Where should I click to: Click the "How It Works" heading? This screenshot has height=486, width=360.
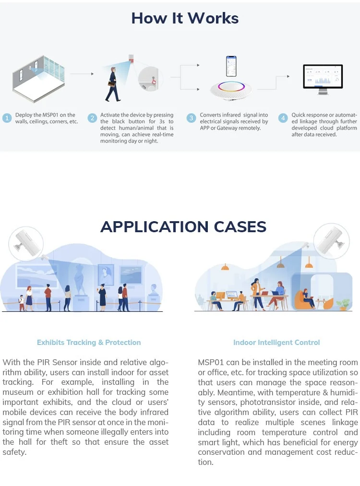pyautogui.click(x=185, y=18)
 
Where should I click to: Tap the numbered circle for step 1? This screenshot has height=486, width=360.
pyautogui.click(x=7, y=118)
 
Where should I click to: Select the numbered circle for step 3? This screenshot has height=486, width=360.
pyautogui.click(x=192, y=118)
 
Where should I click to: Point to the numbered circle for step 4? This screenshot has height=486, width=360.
pyautogui.click(x=283, y=118)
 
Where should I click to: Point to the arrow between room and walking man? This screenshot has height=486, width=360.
pyautogui.click(x=85, y=74)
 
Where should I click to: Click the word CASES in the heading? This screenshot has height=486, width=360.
pyautogui.click(x=232, y=226)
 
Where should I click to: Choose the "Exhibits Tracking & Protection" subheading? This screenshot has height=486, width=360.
pyautogui.click(x=89, y=343)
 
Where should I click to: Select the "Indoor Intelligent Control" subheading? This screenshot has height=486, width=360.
pyautogui.click(x=276, y=343)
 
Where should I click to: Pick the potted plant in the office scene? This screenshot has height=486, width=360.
pyautogui.click(x=343, y=304)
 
